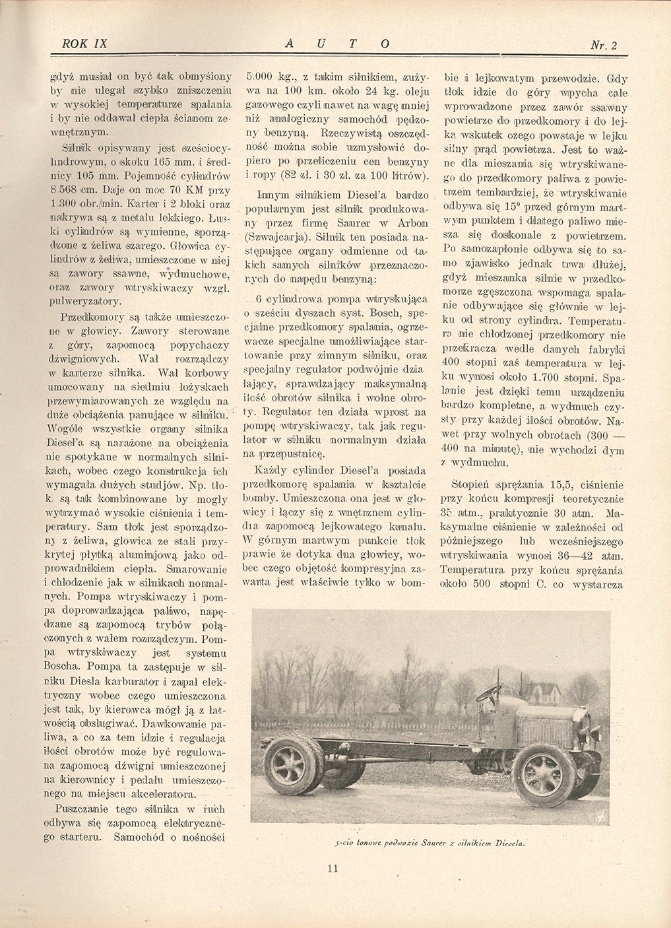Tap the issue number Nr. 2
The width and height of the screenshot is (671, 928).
point(604,46)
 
